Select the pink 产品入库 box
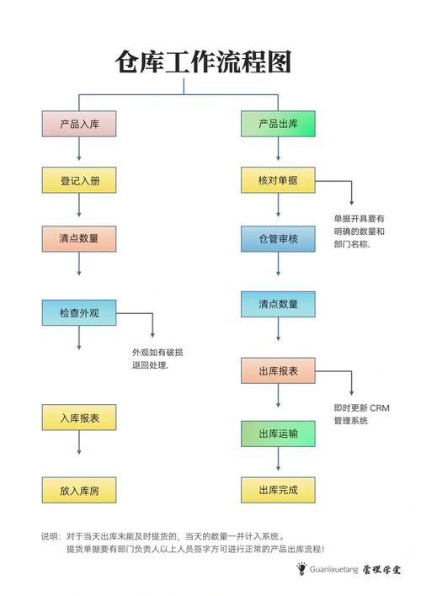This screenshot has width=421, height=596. pos(78,124)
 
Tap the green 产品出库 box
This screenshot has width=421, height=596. pos(278,124)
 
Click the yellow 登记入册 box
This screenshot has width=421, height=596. pos(78,180)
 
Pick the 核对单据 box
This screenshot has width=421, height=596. pos(278,180)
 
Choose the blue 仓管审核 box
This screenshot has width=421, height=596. pos(278,239)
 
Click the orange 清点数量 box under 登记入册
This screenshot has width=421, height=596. pos(78,238)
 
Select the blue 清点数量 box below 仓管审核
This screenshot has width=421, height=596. pos(278,304)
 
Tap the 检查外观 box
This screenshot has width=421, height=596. pos(78,313)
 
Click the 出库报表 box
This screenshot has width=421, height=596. pos(278,370)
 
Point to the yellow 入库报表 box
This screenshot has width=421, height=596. pos(78,418)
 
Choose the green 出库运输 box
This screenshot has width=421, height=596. pos(278,434)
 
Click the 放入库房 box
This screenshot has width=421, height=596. pos(78,489)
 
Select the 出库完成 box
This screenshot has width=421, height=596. pos(278,489)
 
